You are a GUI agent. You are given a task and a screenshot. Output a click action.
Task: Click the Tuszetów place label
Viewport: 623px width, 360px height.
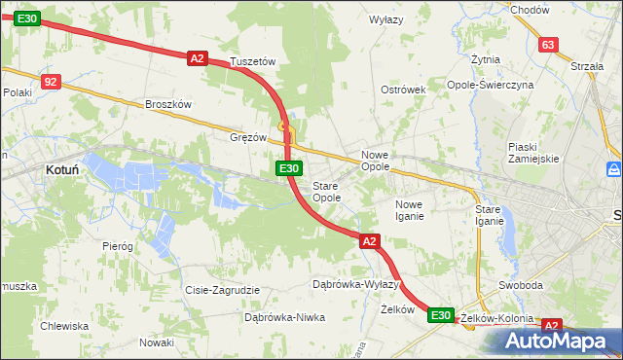[x=253, y=61]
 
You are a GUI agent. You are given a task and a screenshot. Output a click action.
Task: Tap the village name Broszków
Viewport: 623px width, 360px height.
[x=169, y=104]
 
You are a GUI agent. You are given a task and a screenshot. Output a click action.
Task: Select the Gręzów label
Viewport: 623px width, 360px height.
[x=248, y=137]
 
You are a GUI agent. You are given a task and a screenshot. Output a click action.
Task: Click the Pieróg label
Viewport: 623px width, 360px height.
[x=117, y=246]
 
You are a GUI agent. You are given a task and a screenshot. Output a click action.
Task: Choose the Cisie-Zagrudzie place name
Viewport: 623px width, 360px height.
[x=222, y=290]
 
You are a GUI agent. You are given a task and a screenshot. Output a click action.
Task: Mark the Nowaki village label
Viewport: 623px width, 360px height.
[x=156, y=342]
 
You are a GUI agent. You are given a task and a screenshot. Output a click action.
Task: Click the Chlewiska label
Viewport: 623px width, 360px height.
[x=64, y=326]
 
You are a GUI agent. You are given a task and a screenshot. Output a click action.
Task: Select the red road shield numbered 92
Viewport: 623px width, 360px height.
[x=52, y=83]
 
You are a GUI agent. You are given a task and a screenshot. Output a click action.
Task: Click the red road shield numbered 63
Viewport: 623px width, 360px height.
[x=548, y=45]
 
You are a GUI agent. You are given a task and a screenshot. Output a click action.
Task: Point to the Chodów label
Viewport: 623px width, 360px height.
[x=530, y=9]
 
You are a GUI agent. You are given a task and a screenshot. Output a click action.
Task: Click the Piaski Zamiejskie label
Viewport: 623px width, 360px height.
[x=532, y=153]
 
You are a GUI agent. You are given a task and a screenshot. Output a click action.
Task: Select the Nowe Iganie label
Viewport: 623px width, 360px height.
[x=409, y=210]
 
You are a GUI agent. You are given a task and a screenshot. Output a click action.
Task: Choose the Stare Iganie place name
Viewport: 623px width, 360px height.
[x=489, y=215]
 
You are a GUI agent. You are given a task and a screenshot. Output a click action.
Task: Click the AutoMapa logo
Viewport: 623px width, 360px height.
[x=557, y=342]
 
